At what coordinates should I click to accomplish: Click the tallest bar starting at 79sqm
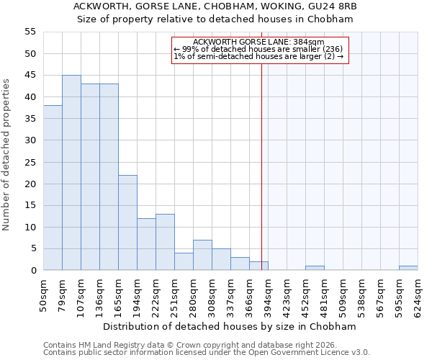point(71,173)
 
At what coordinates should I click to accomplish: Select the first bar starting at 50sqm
point(53,188)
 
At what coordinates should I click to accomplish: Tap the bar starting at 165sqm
point(127,222)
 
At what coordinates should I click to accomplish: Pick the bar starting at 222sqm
point(165,242)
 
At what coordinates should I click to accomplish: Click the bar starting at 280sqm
point(202,255)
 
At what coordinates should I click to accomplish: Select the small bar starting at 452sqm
point(315,268)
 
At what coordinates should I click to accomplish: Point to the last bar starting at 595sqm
point(408,268)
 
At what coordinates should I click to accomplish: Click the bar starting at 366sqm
point(258,266)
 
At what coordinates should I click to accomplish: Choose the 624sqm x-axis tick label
point(418,295)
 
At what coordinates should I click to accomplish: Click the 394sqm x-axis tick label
point(269,295)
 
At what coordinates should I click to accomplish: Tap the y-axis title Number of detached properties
point(6,155)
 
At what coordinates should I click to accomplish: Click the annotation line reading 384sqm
point(259,42)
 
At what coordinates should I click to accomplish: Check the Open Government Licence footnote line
point(207,352)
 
